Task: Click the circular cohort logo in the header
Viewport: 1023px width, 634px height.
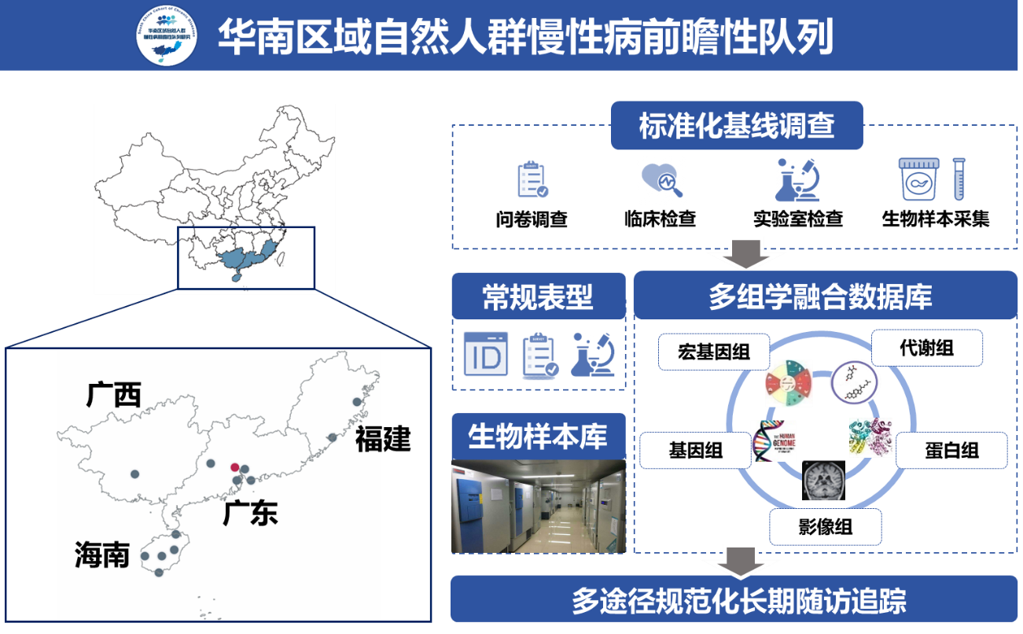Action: tap(167, 36)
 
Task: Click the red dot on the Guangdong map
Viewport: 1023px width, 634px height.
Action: tap(235, 467)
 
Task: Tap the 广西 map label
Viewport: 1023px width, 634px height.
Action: tap(114, 395)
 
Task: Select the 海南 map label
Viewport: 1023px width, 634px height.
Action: tap(102, 555)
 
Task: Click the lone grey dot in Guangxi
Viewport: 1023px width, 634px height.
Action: tap(135, 474)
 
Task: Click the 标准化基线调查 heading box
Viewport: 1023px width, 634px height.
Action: tap(737, 126)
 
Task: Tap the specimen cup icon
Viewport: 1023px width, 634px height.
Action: tap(919, 180)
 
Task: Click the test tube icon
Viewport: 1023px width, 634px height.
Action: tap(959, 179)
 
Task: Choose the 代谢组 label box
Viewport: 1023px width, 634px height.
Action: tap(927, 348)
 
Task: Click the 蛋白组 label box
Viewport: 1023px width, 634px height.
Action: tap(951, 450)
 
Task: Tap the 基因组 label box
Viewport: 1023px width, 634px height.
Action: tap(696, 451)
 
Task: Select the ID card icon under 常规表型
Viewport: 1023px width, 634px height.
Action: tap(486, 354)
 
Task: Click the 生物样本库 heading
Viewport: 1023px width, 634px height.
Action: tap(538, 436)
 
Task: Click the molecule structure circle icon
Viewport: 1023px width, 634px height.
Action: tap(856, 382)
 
